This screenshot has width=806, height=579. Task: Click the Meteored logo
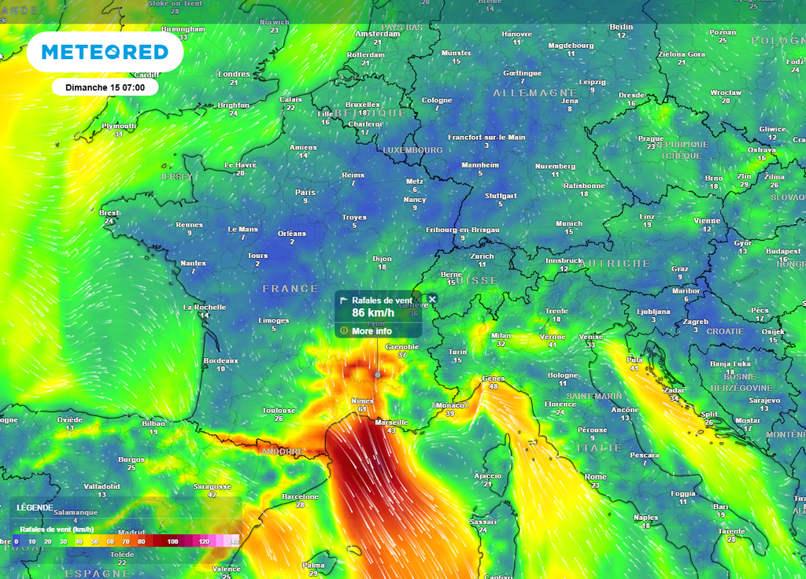click(105, 52)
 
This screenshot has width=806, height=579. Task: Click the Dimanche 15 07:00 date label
click(105, 87)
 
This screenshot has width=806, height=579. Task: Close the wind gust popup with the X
click(432, 300)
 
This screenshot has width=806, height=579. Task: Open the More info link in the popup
click(372, 331)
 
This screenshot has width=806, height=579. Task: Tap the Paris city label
click(305, 192)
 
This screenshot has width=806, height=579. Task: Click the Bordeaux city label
click(220, 360)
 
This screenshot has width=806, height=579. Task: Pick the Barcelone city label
click(300, 496)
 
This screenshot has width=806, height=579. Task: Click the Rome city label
click(595, 477)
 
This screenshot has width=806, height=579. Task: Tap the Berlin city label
click(621, 27)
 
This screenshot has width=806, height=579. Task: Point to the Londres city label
click(234, 74)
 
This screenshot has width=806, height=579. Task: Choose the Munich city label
click(569, 223)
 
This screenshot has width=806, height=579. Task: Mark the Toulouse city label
click(279, 410)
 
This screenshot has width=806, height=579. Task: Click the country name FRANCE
click(290, 289)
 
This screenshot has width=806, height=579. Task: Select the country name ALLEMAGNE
click(525, 93)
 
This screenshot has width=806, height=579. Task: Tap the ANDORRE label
click(283, 452)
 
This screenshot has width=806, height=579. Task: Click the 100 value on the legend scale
click(173, 542)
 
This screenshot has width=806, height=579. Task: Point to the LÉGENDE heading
click(35, 508)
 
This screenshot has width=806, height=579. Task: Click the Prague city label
click(651, 138)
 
